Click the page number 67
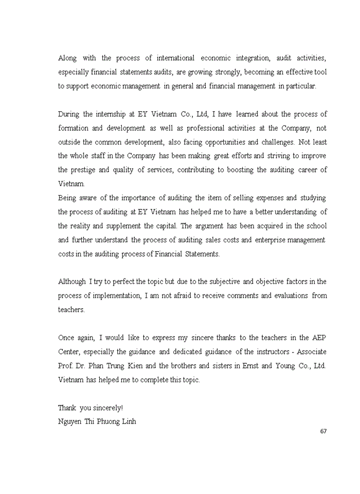[x=323, y=431]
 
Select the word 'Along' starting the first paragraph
[x=67, y=58]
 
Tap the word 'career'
[x=308, y=170]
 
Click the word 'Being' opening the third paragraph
[x=67, y=198]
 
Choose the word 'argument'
[x=195, y=225]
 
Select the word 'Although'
[x=72, y=281]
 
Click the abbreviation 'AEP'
[x=319, y=338]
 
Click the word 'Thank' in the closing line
[x=67, y=408]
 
